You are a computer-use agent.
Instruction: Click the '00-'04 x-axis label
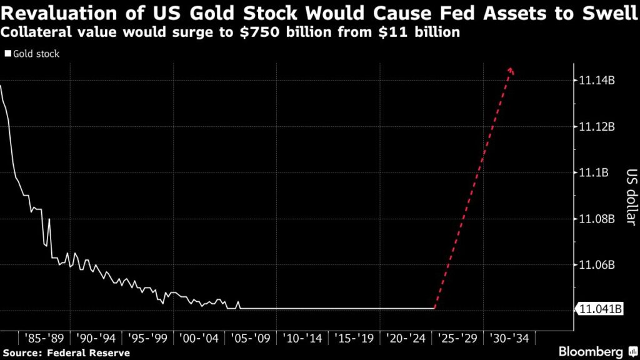click(199, 338)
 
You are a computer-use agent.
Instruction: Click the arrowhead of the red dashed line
click(511, 71)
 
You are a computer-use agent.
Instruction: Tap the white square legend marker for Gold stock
click(7, 54)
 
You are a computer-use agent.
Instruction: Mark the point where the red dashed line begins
click(434, 308)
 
